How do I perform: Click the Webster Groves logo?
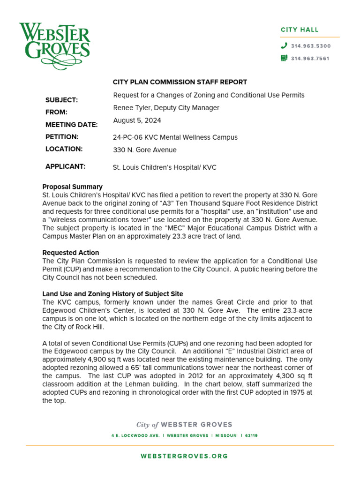(54, 46)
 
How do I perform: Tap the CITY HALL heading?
(300, 30)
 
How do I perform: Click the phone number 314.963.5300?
(311, 46)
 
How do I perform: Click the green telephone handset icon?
(284, 46)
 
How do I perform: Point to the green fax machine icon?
(284, 59)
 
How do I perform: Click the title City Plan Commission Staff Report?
(180, 82)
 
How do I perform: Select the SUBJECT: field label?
(61, 100)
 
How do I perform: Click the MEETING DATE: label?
(71, 125)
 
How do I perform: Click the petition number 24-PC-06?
(127, 137)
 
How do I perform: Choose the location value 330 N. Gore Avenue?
(145, 150)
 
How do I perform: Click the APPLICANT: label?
(65, 166)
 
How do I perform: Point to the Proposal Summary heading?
(72, 187)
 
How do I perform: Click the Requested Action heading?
(71, 253)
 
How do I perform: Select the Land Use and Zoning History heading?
(112, 294)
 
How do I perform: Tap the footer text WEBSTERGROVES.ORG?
(184, 456)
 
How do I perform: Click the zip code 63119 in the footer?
(251, 435)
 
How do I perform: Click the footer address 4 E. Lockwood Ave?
(136, 435)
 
